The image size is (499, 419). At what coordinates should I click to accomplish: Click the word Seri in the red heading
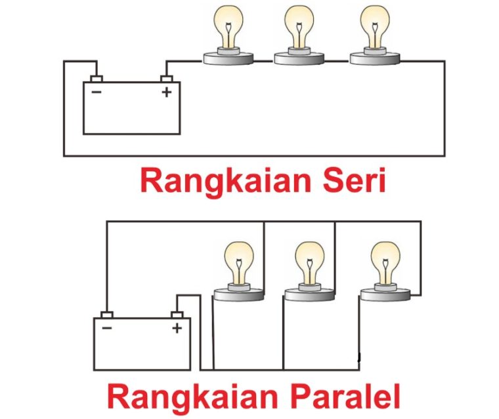click(354, 180)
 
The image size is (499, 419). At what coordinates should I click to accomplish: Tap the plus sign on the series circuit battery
click(166, 92)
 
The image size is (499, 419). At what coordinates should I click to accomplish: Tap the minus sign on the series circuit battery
click(97, 92)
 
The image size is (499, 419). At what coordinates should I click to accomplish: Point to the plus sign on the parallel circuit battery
click(177, 328)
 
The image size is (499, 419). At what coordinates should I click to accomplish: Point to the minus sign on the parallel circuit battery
click(107, 328)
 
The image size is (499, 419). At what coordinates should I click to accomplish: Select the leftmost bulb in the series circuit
click(228, 35)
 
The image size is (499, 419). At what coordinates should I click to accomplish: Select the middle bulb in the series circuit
click(299, 35)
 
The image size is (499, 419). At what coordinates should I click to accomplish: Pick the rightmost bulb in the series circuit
click(374, 35)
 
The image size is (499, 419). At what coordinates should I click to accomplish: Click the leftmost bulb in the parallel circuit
click(239, 271)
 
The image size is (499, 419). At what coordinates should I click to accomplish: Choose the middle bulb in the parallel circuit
click(310, 271)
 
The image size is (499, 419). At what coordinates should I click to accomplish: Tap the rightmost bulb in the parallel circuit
click(385, 271)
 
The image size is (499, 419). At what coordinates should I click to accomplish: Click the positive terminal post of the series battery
click(166, 79)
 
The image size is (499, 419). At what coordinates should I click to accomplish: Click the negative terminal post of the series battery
click(97, 79)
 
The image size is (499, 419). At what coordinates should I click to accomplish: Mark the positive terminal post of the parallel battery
click(177, 315)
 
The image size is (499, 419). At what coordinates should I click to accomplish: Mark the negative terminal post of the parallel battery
click(107, 315)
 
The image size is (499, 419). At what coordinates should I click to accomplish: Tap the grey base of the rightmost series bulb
click(374, 58)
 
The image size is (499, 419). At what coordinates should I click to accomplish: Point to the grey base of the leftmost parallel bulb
click(239, 294)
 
